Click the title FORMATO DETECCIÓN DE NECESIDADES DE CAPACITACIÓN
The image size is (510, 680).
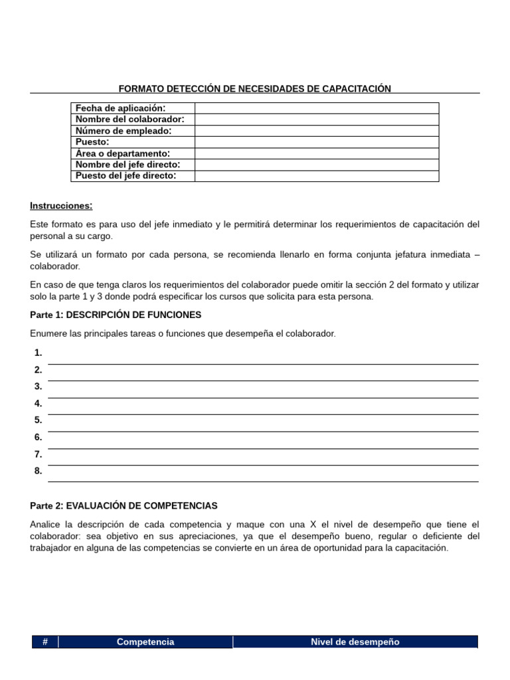click(x=254, y=88)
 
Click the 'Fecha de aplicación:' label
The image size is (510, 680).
click(x=120, y=108)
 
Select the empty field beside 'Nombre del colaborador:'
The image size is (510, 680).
click(x=316, y=120)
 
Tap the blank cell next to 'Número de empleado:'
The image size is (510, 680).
click(x=316, y=131)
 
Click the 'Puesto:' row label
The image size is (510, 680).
click(x=92, y=142)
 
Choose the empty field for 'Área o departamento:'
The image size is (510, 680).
click(x=316, y=153)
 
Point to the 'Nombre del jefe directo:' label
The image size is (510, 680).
click(x=127, y=165)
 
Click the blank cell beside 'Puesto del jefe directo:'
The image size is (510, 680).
click(x=316, y=176)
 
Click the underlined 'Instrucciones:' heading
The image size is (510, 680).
click(x=61, y=206)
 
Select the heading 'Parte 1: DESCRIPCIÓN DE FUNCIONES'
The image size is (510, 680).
click(x=116, y=315)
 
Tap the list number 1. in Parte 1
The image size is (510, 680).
click(x=39, y=353)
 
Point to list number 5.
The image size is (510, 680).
click(x=39, y=420)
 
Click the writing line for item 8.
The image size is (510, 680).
click(x=263, y=476)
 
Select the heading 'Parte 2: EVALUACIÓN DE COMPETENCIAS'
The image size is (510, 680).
click(x=124, y=506)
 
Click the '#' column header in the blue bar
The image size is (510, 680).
click(x=44, y=642)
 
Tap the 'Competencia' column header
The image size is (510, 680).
click(x=145, y=642)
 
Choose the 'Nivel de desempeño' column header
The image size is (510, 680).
click(x=355, y=642)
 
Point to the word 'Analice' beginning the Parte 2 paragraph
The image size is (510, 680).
click(x=46, y=525)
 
